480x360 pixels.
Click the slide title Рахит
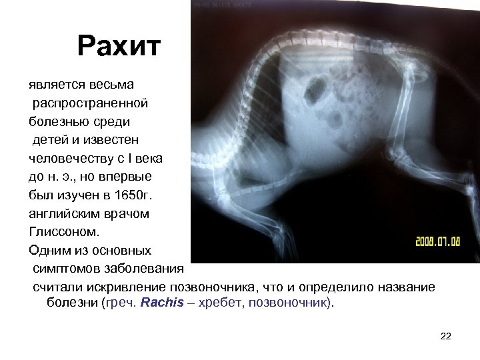pos(119,47)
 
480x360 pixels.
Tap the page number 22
pos(446,336)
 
